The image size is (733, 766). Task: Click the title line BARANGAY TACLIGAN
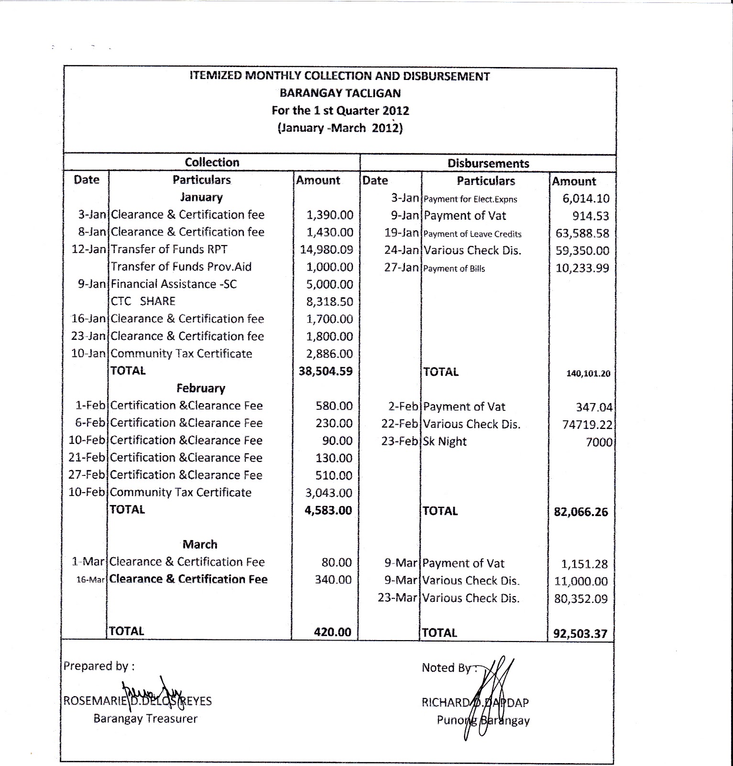340,93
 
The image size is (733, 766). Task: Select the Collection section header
212,162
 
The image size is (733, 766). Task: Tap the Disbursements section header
488,163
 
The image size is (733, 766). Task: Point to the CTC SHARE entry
143,301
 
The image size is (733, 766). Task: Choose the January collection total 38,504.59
326,371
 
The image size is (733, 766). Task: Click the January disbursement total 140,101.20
588,373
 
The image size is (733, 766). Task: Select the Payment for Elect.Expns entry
470,199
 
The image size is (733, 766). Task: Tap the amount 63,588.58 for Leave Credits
582,234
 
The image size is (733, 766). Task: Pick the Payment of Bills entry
454,269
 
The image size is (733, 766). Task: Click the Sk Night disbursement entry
445,441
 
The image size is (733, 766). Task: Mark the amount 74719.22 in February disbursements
587,425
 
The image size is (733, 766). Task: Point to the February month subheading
200,388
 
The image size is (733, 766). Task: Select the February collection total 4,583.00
328,510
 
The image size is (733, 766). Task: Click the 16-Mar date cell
90,580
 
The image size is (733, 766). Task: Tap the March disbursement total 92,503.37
580,634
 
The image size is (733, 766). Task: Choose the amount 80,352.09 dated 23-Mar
581,599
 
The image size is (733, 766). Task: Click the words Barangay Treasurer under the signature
145,719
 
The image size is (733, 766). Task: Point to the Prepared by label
99,666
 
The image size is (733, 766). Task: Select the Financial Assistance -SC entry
174,284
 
